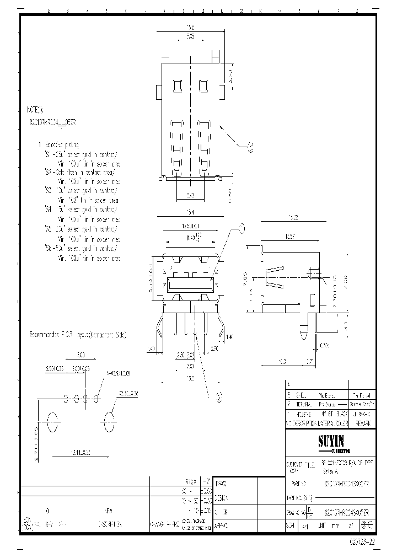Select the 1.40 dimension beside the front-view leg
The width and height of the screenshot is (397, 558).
(x=230, y=336)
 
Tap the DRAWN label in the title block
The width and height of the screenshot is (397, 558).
(x=221, y=482)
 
